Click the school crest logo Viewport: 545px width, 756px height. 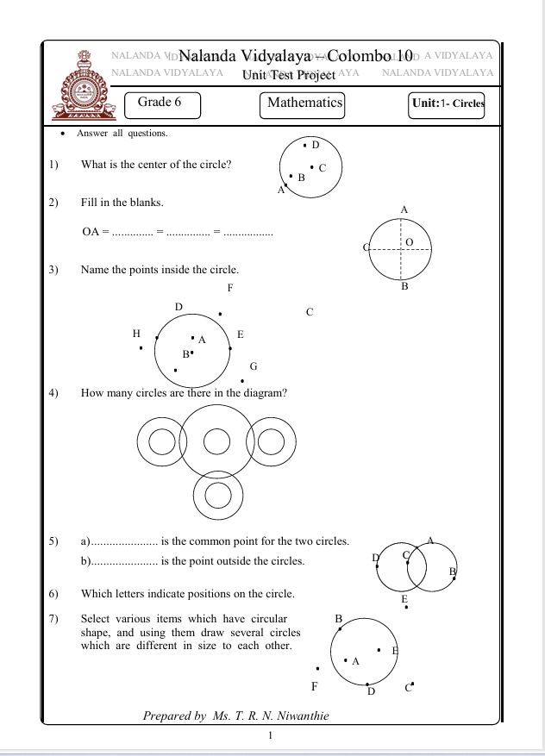pyautogui.click(x=85, y=83)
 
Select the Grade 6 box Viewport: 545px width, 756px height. pyautogui.click(x=161, y=104)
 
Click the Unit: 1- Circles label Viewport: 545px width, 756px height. pyautogui.click(x=448, y=104)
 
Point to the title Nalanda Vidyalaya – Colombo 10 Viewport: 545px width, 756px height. pyautogui.click(x=296, y=55)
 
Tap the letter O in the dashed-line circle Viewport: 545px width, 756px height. pyautogui.click(x=410, y=242)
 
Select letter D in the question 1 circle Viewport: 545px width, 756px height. pyautogui.click(x=316, y=145)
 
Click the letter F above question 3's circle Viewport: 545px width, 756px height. pyautogui.click(x=230, y=287)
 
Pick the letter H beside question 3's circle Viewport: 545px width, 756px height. pyautogui.click(x=136, y=334)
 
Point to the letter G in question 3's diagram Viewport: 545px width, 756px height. pyautogui.click(x=254, y=366)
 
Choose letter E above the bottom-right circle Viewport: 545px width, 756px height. pyautogui.click(x=404, y=598)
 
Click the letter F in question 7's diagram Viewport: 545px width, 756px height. pyautogui.click(x=315, y=687)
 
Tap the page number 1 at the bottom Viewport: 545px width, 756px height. pyautogui.click(x=271, y=734)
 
